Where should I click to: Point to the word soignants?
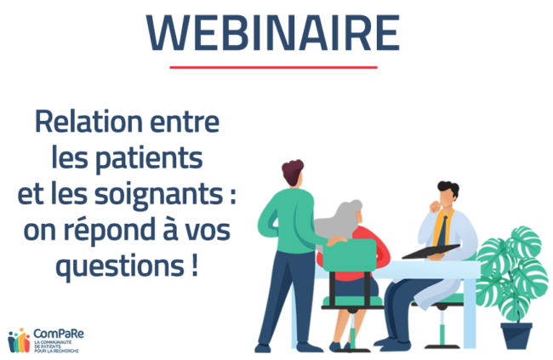click(174, 195)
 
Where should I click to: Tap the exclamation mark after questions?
click(196, 266)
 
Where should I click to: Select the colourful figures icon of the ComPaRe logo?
click(19, 339)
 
